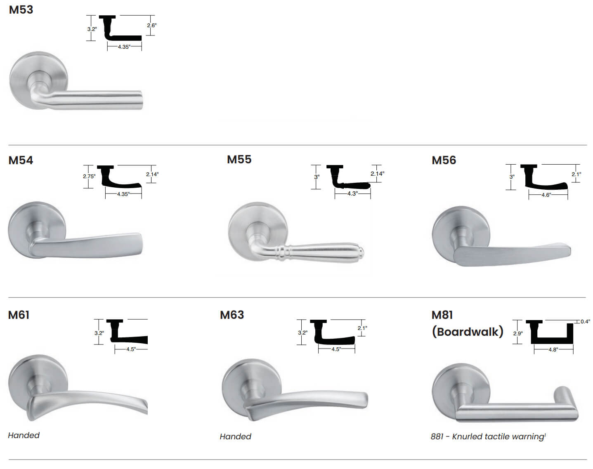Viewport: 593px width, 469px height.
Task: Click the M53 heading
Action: pyautogui.click(x=21, y=9)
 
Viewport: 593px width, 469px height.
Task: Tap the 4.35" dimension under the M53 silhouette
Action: pyautogui.click(x=124, y=47)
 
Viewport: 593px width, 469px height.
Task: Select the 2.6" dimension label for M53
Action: pyautogui.click(x=151, y=25)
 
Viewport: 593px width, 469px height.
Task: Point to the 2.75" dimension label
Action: pyautogui.click(x=89, y=176)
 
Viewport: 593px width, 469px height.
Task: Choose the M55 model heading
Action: pyautogui.click(x=239, y=160)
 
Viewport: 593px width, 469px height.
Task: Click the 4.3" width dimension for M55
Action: pyautogui.click(x=352, y=193)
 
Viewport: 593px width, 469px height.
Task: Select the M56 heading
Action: pyautogui.click(x=444, y=160)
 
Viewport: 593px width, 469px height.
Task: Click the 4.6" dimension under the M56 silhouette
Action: pyautogui.click(x=546, y=195)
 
